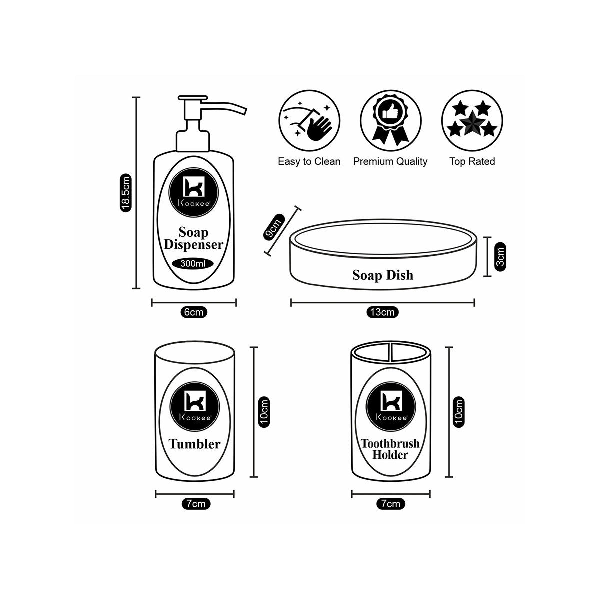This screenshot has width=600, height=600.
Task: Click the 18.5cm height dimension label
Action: (x=126, y=193)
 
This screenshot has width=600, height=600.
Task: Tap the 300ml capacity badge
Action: (x=193, y=264)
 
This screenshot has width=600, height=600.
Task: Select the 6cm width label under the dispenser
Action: (x=194, y=312)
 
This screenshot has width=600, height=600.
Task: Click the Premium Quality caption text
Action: (x=390, y=161)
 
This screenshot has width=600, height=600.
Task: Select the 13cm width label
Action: (x=383, y=312)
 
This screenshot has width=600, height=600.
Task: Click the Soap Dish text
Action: (x=383, y=275)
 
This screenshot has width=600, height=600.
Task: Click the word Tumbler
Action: (x=194, y=444)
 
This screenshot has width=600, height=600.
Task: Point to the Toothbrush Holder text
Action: (x=390, y=449)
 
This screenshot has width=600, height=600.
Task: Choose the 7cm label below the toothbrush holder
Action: (x=390, y=504)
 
